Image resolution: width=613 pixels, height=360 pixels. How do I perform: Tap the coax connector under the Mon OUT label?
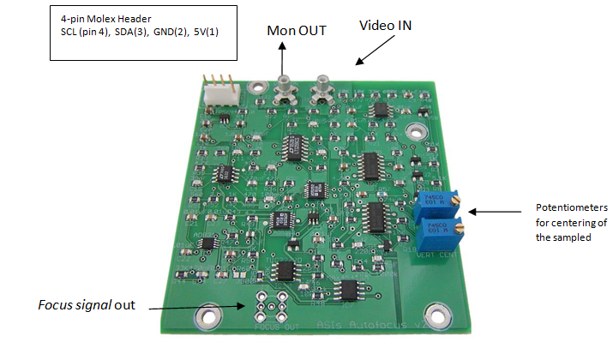pos(283,88)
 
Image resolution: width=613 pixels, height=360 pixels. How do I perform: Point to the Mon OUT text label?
pos(297,30)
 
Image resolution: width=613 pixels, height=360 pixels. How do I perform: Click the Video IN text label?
pos(385,26)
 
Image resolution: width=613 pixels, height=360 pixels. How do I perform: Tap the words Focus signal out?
pos(87,304)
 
